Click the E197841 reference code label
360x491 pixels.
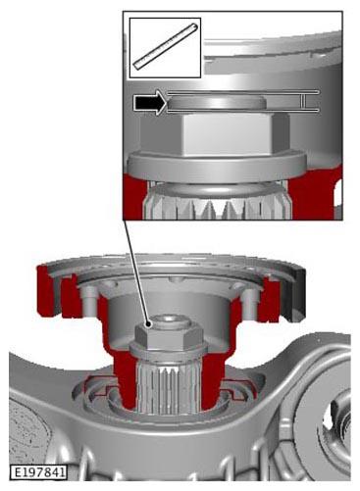point(38,472)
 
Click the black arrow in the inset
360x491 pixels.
point(150,103)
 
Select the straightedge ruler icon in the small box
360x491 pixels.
point(167,46)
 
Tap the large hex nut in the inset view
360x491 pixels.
point(214,134)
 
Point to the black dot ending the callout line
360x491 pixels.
point(149,324)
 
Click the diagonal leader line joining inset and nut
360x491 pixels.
point(136,271)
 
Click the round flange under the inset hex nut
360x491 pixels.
point(217,167)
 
